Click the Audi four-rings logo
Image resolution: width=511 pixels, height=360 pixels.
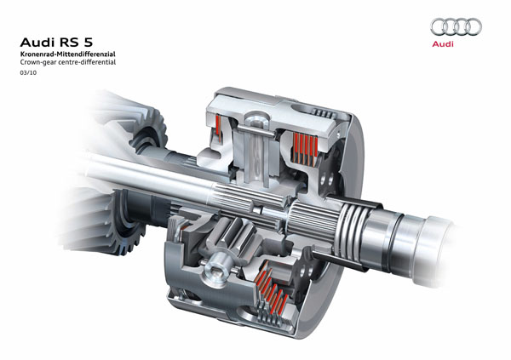pos(456,26)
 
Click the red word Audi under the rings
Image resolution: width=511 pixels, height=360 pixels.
pos(443,44)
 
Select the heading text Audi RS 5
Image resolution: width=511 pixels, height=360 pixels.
pos(56,43)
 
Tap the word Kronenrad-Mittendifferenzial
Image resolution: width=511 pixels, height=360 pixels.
pos(68,54)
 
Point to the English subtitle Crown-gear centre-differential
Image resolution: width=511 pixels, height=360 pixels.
pos(68,62)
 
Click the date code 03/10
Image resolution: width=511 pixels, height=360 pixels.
pos(28,72)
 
